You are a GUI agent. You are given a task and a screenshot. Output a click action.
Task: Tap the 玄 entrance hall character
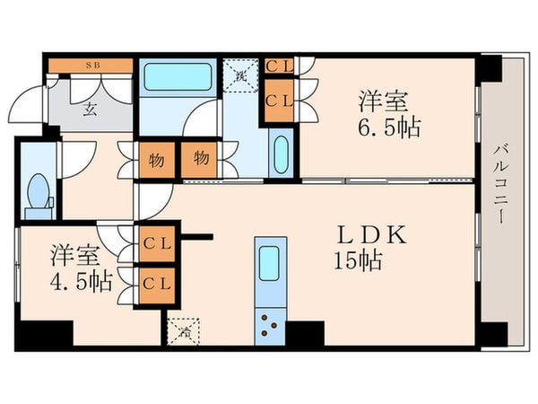click(x=91, y=110)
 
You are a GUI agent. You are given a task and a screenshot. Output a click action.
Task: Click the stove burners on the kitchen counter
click(x=270, y=322)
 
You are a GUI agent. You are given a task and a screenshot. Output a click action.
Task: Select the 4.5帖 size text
click(x=81, y=281)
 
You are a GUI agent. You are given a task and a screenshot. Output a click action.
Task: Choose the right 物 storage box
click(x=201, y=160)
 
